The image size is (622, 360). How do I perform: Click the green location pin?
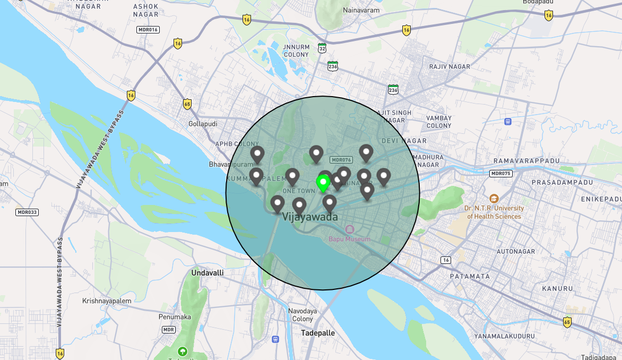pyautogui.click(x=323, y=183)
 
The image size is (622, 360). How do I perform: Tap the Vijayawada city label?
pyautogui.click(x=310, y=217)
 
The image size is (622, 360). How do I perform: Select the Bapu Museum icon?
pyautogui.click(x=350, y=229)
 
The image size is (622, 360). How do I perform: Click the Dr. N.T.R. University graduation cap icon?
pyautogui.click(x=494, y=199)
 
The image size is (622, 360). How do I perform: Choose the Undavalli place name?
pyautogui.click(x=207, y=272)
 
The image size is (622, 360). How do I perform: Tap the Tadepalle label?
pyautogui.click(x=317, y=333)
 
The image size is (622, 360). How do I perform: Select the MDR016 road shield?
pyautogui.click(x=148, y=30)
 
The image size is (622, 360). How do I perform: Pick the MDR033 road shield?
pyautogui.click(x=27, y=212)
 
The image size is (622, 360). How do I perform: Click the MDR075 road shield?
pyautogui.click(x=500, y=174)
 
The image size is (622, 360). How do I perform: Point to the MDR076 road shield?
pyautogui.click(x=341, y=160)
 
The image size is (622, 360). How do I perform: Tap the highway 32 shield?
pyautogui.click(x=322, y=48)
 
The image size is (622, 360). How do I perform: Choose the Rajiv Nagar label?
pyautogui.click(x=450, y=66)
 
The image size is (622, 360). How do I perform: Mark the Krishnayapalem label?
pyautogui.click(x=107, y=301)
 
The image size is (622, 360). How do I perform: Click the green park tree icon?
pyautogui.click(x=183, y=351)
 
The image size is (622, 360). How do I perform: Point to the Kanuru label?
pyautogui.click(x=557, y=288)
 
